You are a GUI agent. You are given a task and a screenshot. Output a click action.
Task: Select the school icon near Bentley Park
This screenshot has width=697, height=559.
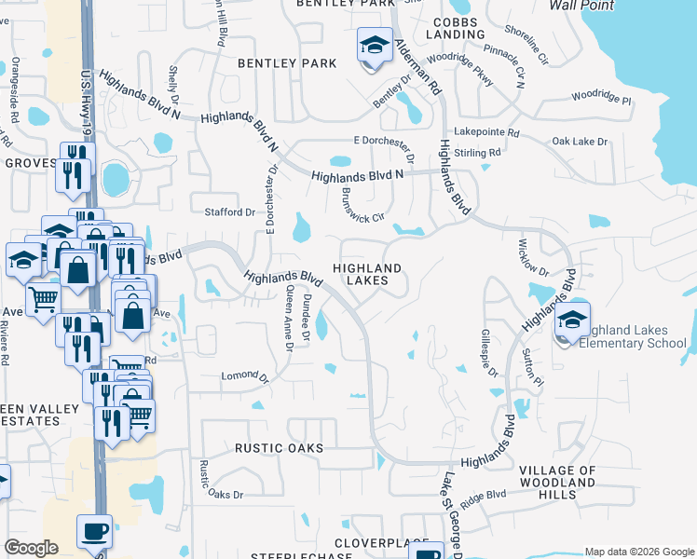coord(374,47)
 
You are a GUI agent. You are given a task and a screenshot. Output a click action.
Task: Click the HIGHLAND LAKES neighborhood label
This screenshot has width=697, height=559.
coord(374,274)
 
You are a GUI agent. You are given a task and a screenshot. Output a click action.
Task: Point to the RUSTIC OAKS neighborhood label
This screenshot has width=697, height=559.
coord(279,448)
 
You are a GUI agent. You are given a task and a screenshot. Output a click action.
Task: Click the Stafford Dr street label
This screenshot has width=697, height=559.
coord(229,212)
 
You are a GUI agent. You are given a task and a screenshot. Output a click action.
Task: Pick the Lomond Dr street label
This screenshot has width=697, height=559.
coord(244,377)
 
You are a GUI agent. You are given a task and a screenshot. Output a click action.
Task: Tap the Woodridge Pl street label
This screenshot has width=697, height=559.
coord(601,96)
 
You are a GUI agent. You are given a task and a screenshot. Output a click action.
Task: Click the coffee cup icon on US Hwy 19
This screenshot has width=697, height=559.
coord(94,532)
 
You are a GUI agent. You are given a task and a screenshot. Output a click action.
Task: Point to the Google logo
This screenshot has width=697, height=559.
coord(31,548)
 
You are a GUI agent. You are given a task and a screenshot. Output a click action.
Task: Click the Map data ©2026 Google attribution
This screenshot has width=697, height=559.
coord(639,552)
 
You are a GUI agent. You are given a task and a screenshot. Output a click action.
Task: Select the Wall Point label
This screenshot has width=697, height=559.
coord(581,5)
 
